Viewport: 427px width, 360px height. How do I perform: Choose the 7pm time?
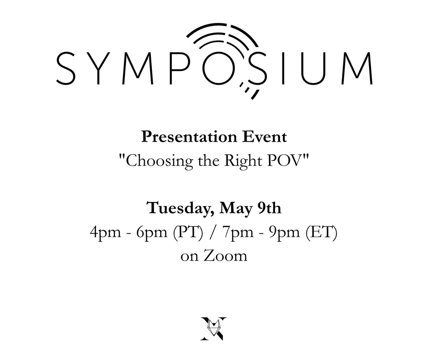[231, 232]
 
